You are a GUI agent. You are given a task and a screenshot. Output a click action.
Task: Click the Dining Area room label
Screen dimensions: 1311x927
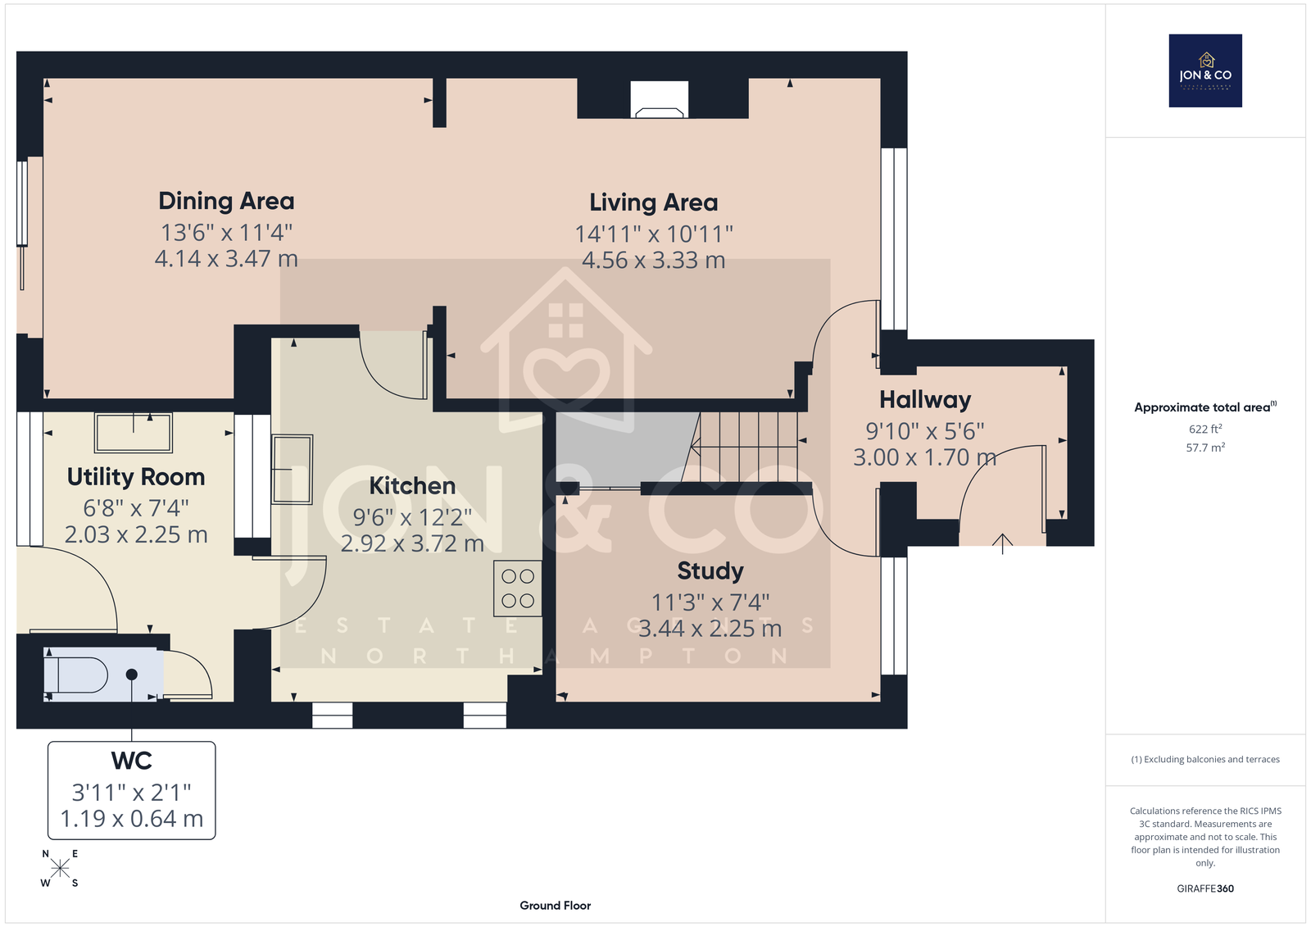click(x=226, y=201)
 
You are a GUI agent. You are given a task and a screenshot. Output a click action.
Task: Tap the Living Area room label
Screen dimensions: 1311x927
click(x=653, y=202)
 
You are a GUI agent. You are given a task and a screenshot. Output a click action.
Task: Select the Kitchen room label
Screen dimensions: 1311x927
click(x=412, y=486)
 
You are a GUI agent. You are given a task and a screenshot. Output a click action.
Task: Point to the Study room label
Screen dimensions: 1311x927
click(x=710, y=571)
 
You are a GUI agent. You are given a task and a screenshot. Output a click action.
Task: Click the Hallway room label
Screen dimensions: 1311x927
click(x=925, y=400)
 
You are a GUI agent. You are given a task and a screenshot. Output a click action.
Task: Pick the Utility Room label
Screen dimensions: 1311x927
click(x=136, y=477)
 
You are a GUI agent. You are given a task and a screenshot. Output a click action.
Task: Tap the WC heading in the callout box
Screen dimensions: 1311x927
click(x=132, y=761)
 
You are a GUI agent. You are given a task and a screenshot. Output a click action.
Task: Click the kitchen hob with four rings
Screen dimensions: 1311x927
click(x=517, y=588)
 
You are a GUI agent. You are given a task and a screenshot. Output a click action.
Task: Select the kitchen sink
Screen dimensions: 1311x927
click(x=292, y=469)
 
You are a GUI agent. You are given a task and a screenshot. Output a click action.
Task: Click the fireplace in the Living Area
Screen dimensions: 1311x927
click(x=659, y=101)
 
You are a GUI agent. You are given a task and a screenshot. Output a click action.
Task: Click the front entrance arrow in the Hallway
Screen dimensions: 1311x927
click(x=1003, y=543)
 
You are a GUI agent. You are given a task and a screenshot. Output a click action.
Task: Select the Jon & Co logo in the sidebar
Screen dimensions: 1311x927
click(x=1205, y=70)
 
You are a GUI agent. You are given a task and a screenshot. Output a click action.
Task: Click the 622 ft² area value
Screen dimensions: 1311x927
click(x=1205, y=429)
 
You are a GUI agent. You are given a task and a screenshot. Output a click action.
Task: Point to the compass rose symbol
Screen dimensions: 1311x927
click(x=60, y=868)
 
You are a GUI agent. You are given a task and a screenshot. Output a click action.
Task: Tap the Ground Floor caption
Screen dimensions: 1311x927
click(x=555, y=906)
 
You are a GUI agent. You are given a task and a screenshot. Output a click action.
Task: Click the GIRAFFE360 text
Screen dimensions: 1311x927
click(x=1205, y=888)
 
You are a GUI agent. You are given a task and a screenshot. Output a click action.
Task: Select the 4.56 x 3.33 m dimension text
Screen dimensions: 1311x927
click(x=653, y=260)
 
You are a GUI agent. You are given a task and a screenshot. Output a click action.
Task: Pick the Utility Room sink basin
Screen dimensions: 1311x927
click(x=134, y=433)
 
